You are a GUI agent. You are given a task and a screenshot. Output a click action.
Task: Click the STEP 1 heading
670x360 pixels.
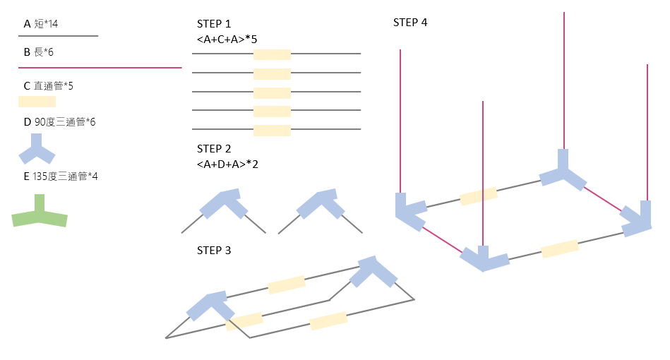214,24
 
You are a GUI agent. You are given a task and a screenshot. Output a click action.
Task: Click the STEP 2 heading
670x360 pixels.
214,149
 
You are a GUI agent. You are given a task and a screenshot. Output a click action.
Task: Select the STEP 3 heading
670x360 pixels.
214,251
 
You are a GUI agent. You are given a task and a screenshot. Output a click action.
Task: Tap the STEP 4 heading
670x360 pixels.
410,23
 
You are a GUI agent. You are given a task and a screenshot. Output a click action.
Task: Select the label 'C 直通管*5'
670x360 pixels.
49,86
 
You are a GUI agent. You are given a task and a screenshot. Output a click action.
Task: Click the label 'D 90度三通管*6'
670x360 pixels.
59,122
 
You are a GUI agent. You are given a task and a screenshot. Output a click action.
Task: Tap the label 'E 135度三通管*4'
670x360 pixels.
61,176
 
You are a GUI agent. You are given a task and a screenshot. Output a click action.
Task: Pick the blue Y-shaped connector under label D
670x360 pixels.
37,149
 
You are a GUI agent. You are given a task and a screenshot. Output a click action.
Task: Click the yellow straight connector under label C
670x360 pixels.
37,101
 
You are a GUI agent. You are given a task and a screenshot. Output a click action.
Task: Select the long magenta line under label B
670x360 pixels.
100,68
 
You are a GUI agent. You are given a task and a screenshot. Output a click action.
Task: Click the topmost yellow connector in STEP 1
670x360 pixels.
272,54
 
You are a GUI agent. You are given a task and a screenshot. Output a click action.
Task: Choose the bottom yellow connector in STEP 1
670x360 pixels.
272,129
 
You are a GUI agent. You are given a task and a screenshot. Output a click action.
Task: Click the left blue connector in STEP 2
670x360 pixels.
223,204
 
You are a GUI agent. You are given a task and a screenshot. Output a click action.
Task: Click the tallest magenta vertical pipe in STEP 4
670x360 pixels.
563,78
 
